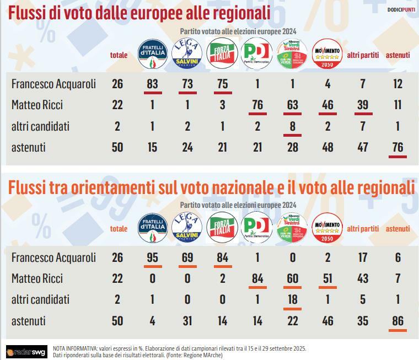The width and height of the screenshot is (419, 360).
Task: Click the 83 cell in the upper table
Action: click(154, 84)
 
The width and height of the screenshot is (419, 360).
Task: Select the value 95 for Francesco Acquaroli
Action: click(154, 257)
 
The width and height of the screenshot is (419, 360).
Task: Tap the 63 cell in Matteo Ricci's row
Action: click(292, 105)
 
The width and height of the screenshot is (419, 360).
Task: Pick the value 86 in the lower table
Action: click(397, 320)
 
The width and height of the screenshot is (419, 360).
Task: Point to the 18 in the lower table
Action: click(292, 299)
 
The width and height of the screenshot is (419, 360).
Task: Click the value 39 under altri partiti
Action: click(362, 105)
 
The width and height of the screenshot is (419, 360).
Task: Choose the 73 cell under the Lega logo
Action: click(188, 84)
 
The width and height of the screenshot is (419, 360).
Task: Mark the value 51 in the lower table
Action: click(327, 278)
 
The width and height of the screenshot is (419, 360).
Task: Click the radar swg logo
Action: click(26, 352)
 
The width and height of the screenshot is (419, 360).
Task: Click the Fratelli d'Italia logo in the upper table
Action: click(154, 54)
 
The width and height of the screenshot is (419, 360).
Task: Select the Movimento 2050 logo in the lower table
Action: click(327, 227)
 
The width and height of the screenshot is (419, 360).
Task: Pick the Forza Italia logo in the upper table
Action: click(222, 54)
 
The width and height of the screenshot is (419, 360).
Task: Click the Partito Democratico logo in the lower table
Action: click(257, 227)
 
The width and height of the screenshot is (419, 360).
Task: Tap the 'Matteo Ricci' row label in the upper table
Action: click(41, 105)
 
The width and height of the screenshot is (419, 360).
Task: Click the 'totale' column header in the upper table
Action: click(119, 55)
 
